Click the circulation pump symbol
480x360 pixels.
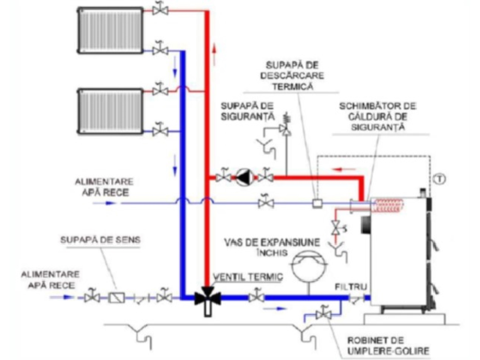(244, 177)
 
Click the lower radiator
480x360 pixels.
(110, 111)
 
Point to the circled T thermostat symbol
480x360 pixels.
(439, 179)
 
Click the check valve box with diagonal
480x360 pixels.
(116, 298)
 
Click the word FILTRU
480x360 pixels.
(350, 287)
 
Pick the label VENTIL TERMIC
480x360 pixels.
(248, 277)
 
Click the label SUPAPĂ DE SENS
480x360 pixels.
(100, 240)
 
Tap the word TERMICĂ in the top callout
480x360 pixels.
(292, 87)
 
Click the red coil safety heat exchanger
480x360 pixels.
(388, 205)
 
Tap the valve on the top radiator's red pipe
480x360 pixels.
(160, 10)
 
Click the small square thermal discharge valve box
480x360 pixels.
(317, 204)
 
